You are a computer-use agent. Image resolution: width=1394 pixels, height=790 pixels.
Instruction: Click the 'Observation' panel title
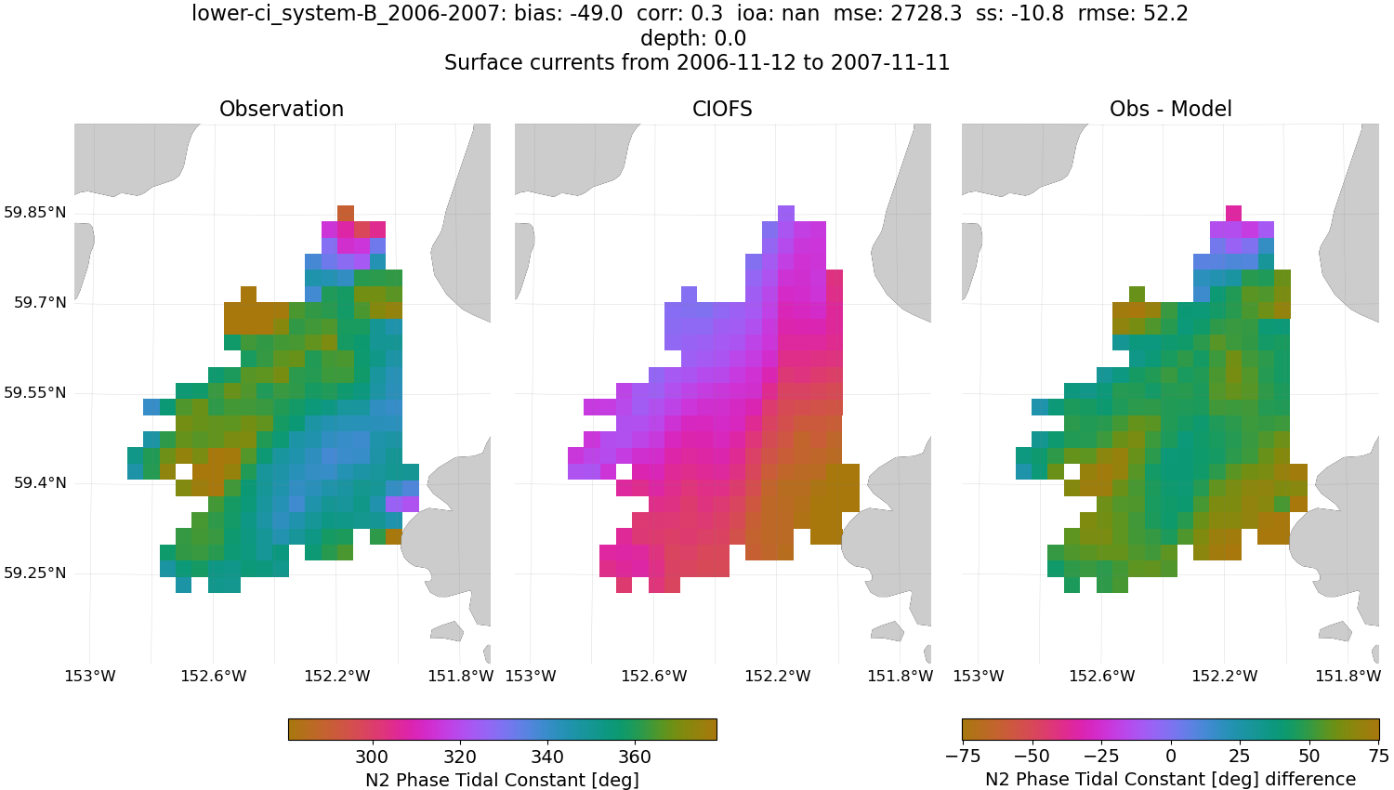[x=282, y=109]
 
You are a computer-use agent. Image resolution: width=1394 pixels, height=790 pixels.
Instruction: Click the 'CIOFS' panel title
[x=722, y=109]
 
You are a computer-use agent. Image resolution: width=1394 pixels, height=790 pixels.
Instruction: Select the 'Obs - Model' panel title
[x=1170, y=109]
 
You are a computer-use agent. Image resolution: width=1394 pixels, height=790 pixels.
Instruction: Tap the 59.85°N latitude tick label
[x=35, y=213]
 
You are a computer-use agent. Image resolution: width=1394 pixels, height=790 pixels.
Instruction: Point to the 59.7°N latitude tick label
[x=40, y=303]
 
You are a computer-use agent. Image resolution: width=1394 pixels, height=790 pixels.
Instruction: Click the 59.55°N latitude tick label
[x=35, y=393]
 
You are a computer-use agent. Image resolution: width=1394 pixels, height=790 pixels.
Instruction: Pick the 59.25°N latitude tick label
[x=35, y=573]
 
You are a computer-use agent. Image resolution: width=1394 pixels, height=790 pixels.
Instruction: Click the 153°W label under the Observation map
[x=90, y=676]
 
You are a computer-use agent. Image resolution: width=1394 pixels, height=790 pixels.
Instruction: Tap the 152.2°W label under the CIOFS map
[x=777, y=676]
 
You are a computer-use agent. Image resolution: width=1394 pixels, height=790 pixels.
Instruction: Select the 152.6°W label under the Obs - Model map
[x=1101, y=676]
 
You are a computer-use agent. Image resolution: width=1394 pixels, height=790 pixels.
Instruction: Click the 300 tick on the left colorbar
[x=372, y=757]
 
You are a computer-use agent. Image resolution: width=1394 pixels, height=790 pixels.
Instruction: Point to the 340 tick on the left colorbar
[x=547, y=757]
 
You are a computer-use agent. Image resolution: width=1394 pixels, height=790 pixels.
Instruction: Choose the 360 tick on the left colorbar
[x=635, y=757]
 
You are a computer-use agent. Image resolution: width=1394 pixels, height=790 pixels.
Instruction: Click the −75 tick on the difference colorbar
[x=964, y=757]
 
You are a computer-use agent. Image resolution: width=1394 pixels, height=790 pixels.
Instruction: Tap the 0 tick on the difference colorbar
[x=1171, y=757]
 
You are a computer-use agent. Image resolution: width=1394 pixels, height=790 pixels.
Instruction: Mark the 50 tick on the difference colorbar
[x=1309, y=757]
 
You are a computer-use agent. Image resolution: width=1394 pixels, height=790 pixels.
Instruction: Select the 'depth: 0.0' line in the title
[x=693, y=38]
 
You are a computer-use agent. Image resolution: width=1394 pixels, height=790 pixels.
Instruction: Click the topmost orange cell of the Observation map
[x=346, y=213]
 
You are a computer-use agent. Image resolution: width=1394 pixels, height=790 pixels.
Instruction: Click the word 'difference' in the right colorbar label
[x=1309, y=780]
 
